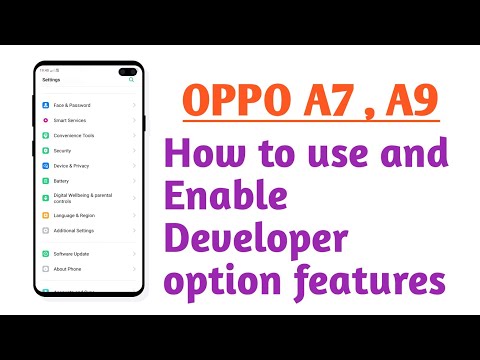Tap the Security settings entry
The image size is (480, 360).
[x=62, y=150]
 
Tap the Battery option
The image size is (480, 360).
[x=61, y=181]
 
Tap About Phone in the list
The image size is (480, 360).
[x=65, y=269]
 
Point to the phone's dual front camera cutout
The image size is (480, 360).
[x=129, y=71]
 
